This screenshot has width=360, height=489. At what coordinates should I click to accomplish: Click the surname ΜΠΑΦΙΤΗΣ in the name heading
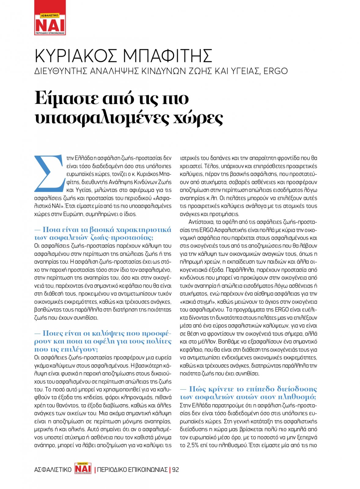(x=167, y=56)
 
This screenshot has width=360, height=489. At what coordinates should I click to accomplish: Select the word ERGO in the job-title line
(x=275, y=71)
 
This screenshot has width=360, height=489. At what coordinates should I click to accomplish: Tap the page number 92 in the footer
(x=176, y=469)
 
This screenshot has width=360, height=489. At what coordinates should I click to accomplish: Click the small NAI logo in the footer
(x=83, y=469)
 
